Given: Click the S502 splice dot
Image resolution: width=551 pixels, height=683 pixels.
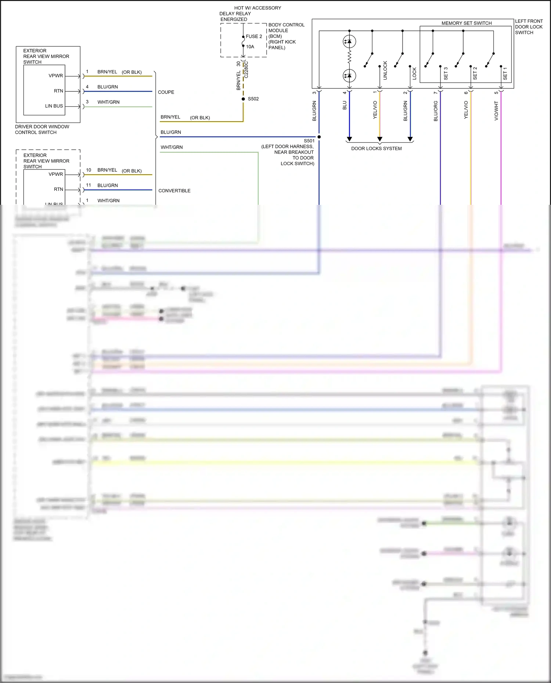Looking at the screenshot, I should [x=243, y=99].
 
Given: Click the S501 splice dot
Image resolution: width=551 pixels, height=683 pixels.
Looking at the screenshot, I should [x=319, y=137].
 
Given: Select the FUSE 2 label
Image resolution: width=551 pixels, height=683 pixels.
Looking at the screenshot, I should [x=254, y=36].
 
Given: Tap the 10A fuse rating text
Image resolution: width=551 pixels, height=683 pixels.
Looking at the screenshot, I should [x=250, y=47].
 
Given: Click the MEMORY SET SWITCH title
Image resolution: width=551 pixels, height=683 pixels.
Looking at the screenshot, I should [x=467, y=23].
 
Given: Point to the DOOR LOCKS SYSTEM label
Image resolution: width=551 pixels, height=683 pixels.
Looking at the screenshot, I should [x=376, y=149].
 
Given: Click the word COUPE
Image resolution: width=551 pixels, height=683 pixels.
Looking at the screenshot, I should [x=166, y=92].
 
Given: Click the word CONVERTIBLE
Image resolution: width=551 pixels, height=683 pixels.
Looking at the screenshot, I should [x=174, y=191].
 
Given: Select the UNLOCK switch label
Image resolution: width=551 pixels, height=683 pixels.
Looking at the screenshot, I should [x=385, y=70].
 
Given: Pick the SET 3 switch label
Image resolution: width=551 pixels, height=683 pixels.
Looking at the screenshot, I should [x=446, y=73].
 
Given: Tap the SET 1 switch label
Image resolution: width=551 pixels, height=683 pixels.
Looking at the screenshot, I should [x=505, y=73].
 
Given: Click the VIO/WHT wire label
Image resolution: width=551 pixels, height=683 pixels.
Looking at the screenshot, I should [x=496, y=111].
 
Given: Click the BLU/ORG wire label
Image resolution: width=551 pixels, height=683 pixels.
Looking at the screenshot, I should [x=436, y=111].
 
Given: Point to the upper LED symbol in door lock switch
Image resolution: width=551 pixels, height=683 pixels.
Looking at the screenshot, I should [x=349, y=41].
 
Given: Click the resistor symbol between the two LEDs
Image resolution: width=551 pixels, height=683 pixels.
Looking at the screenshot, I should [x=349, y=57].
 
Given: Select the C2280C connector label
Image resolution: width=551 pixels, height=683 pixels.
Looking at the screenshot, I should [x=246, y=69].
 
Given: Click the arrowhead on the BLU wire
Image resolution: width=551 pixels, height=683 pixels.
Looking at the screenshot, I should [x=349, y=139].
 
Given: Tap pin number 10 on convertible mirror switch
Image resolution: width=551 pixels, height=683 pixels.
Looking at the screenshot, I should [x=89, y=170].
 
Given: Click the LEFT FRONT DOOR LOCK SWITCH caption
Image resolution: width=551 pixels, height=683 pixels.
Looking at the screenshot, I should [x=529, y=27].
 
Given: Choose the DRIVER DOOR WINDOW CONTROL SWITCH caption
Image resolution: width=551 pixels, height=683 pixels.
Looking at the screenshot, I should [x=42, y=130].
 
